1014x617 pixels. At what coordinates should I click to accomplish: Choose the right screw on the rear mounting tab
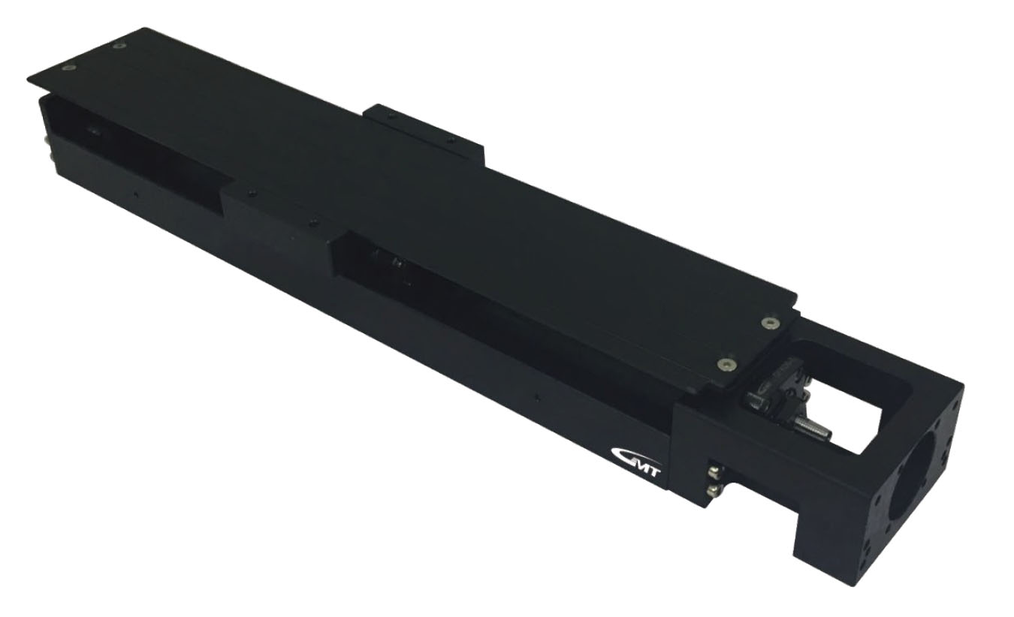pyautogui.click(x=448, y=140)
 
